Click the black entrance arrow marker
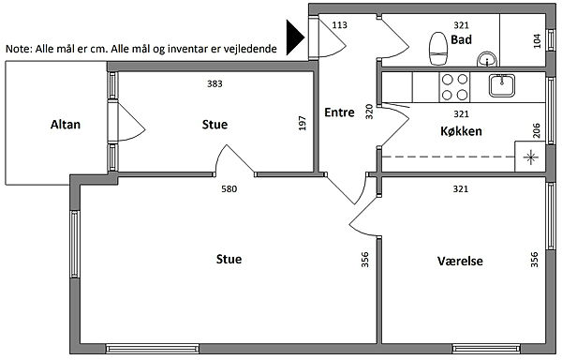click(295, 37)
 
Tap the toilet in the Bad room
click(438, 49)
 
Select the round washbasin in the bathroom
click(487, 59)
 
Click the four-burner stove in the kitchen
click(454, 87)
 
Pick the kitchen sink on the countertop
click(502, 85)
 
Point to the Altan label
click(66, 125)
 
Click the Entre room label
click(339, 112)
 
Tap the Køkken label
click(461, 131)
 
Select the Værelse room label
click(460, 261)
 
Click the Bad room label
click(461, 39)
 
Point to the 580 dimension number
click(229, 189)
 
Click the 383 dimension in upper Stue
click(214, 83)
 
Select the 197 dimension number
click(303, 123)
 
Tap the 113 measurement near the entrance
click(339, 24)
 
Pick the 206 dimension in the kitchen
click(536, 130)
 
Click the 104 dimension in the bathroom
click(537, 41)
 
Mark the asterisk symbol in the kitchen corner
click(530, 157)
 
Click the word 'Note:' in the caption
click(19, 49)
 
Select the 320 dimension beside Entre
click(369, 112)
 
